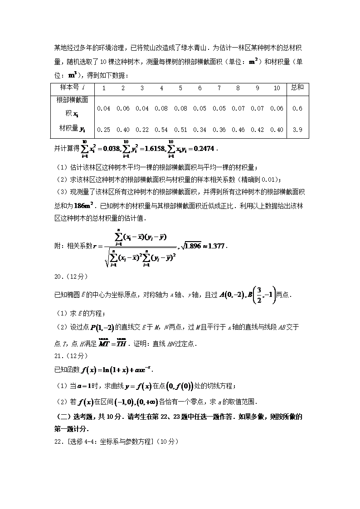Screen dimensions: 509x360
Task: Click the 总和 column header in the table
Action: tap(297, 87)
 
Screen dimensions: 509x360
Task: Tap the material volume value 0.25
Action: tap(104, 130)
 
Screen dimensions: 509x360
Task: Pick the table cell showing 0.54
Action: tap(161, 130)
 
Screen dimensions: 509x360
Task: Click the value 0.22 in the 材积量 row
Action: tap(142, 130)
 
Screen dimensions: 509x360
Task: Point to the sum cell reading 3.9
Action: tap(298, 130)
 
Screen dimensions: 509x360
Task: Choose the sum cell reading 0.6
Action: tap(298, 108)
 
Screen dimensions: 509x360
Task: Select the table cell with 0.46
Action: tap(238, 130)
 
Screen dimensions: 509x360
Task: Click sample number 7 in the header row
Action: tap(219, 88)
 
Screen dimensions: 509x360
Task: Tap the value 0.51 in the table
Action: tap(180, 130)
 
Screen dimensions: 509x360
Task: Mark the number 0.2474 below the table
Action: tap(204, 148)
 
